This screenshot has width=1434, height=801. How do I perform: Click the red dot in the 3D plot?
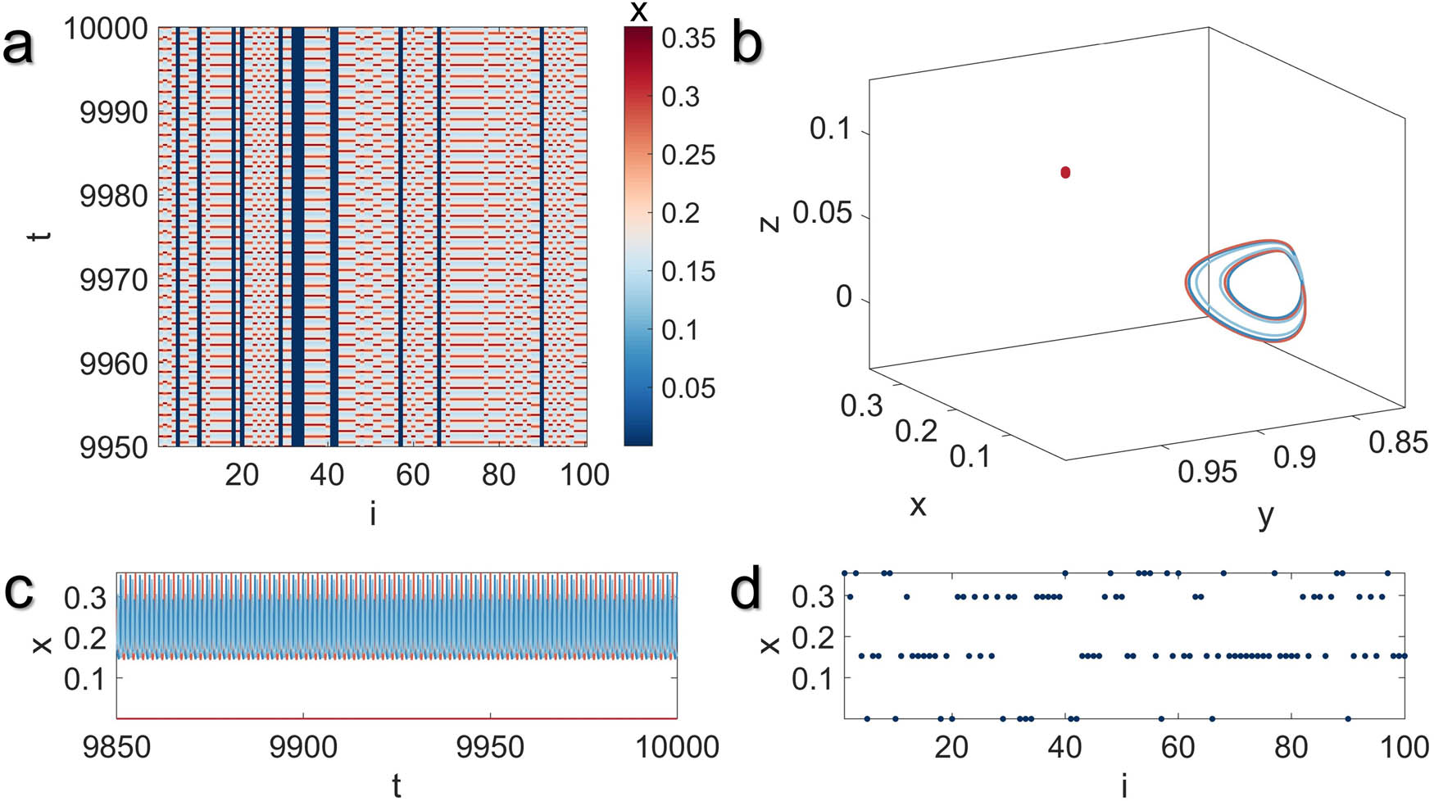pos(1065,172)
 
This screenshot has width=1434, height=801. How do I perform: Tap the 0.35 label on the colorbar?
pos(688,38)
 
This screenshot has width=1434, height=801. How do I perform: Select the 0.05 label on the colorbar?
pos(688,388)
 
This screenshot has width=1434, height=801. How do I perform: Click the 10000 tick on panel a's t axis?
pos(107,29)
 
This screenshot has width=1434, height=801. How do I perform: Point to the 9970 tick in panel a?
pos(113,280)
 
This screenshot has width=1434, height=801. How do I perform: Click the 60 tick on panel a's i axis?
pos(412,475)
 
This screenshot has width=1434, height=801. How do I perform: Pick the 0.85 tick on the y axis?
pos(1398,443)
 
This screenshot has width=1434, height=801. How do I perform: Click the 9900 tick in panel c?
pos(303,747)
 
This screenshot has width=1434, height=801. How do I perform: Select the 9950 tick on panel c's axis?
pos(490,747)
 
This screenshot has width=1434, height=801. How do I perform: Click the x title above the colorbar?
pos(638,11)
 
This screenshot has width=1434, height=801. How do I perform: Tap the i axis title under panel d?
pos(1124,786)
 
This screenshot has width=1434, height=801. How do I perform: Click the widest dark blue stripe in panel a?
pos(297,238)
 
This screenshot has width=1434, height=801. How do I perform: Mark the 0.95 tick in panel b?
pos(1206,472)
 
